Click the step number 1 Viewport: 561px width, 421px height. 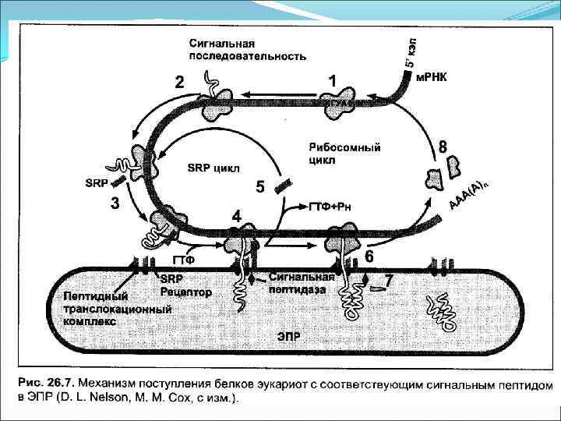[333, 81]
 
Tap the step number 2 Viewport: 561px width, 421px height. [181, 82]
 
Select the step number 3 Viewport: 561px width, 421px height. [115, 205]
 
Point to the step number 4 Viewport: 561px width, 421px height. [236, 214]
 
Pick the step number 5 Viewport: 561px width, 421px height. [260, 187]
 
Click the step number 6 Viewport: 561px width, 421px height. [369, 256]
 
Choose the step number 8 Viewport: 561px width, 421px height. [443, 146]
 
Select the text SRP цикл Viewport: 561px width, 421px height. [214, 168]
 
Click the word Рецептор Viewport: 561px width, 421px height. [185, 292]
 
